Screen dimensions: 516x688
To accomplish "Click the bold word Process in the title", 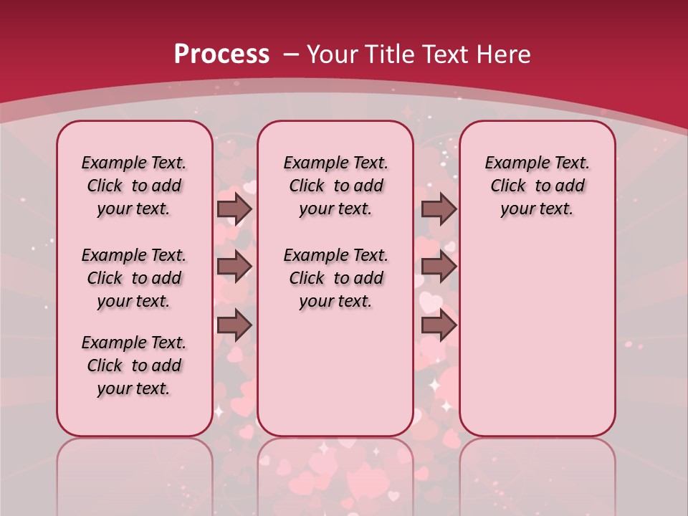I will coord(221,54).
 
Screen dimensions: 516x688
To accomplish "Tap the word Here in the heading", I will coord(505,54).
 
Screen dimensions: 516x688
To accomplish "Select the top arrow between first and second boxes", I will coord(234,209).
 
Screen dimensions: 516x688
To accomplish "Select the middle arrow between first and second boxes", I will coord(234,267).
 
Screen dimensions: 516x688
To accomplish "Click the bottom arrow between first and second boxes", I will coord(234,325).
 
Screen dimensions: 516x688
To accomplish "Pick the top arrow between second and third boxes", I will coord(439,209).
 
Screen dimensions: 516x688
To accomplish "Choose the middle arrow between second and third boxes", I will coord(439,267).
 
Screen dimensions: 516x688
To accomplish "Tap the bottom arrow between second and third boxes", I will coord(439,325).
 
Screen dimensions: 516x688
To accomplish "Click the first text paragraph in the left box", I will coord(134,186).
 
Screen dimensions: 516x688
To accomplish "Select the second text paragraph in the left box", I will coord(134,278).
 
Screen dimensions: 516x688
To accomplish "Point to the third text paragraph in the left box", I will coord(134,365).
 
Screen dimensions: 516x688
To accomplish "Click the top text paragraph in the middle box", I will coord(335,186).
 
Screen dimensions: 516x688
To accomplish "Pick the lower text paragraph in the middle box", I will coord(335,278).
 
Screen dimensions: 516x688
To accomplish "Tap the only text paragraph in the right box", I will coord(537,186).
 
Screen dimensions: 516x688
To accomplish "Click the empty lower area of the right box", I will coord(537,337).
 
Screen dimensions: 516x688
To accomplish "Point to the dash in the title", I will coord(291,54).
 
